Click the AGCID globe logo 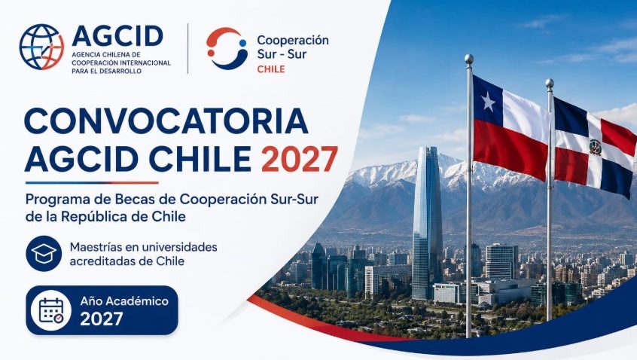(x=41, y=47)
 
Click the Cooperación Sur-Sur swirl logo (x=227, y=48)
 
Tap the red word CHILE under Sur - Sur (x=271, y=69)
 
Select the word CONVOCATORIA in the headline (x=166, y=121)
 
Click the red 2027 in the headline (x=300, y=159)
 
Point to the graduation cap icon (x=44, y=254)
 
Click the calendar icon (x=51, y=310)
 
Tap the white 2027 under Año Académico (x=102, y=319)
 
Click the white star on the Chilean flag (x=488, y=102)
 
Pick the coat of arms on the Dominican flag (x=596, y=147)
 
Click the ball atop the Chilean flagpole (x=469, y=59)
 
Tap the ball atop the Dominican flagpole (x=549, y=84)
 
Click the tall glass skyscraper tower (x=427, y=223)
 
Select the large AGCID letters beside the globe (x=117, y=35)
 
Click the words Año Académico (x=124, y=301)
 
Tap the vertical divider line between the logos (x=187, y=48)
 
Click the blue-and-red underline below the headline (x=92, y=183)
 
